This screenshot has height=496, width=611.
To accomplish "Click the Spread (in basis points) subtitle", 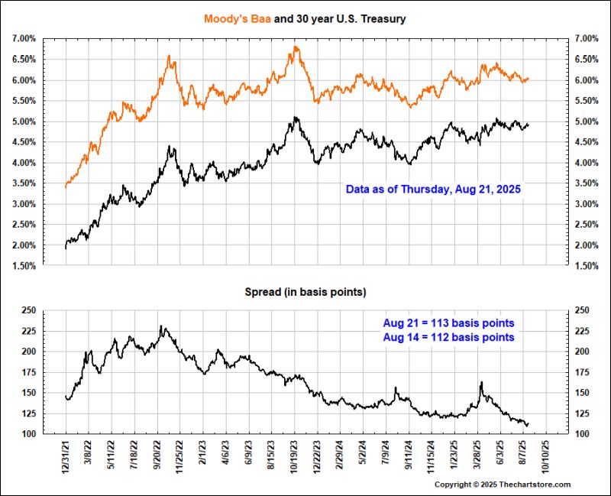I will click(306, 293).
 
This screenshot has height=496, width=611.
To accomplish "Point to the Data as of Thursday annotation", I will click(433, 189).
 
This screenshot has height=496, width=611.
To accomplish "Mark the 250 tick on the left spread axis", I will click(28, 310).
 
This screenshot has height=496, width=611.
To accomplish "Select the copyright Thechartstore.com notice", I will click(503, 485).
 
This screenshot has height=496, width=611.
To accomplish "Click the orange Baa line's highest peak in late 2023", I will click(295, 47).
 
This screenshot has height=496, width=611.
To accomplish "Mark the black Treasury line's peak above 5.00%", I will click(296, 118).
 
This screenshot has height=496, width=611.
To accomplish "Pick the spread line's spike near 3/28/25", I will click(482, 382).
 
